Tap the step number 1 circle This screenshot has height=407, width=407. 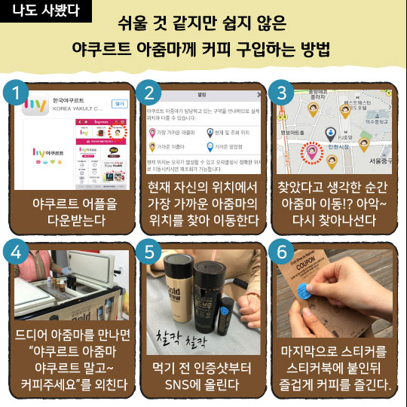pos(15,93)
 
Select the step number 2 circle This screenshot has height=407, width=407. pos(149,93)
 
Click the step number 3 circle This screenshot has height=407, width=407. pos(283,93)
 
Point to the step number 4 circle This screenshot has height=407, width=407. pos(15,252)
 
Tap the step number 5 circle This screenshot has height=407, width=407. pos(149,252)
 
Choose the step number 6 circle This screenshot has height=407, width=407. pos(283,252)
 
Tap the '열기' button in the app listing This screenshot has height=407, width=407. pos(119,103)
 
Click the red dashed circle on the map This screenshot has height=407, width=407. pos(310,154)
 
